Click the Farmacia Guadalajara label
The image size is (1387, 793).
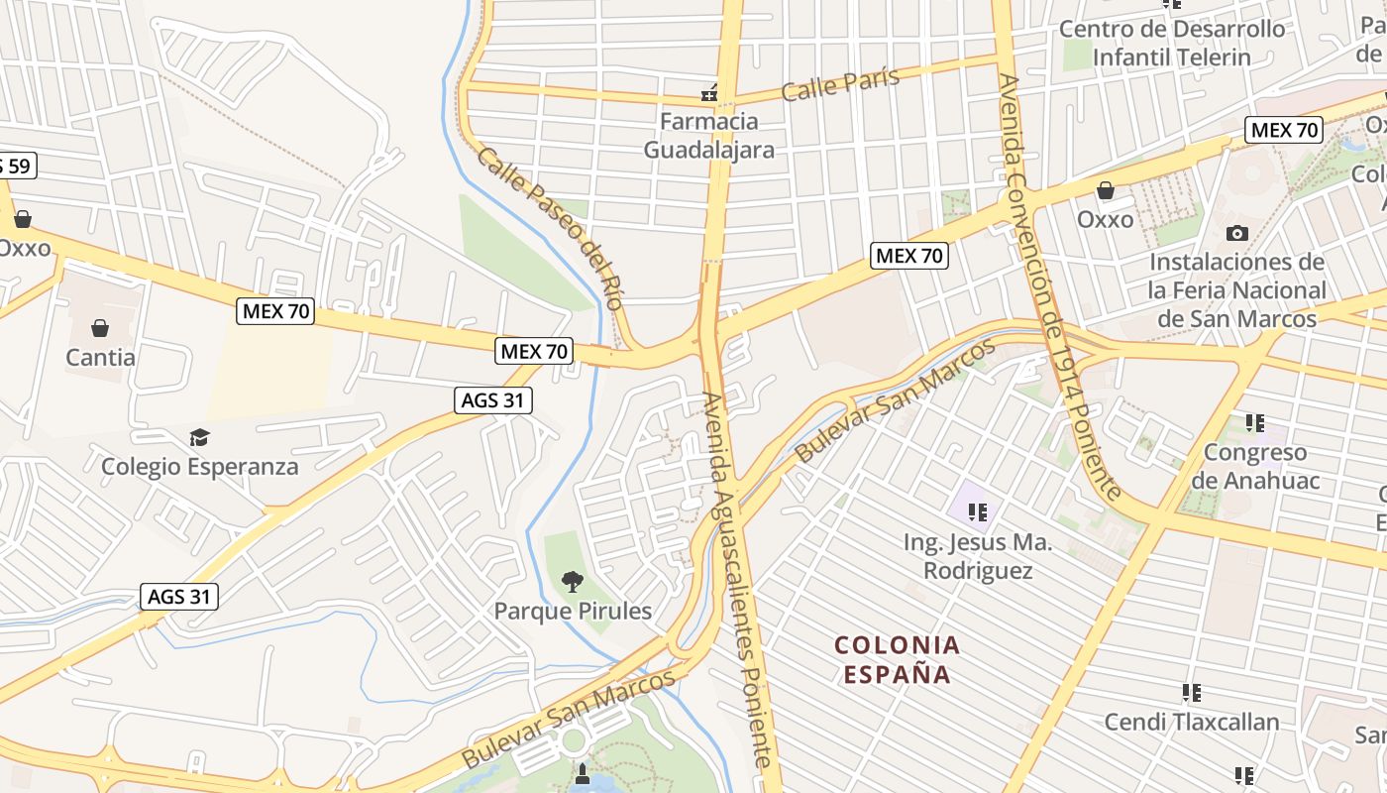click(x=708, y=136)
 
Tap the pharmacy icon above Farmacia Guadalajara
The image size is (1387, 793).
click(x=709, y=94)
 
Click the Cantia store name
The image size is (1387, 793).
click(x=100, y=357)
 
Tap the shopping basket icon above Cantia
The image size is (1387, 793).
click(x=100, y=327)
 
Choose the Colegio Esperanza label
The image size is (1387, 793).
click(x=199, y=466)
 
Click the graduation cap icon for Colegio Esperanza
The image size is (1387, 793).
click(x=199, y=437)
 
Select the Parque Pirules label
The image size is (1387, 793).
click(x=574, y=611)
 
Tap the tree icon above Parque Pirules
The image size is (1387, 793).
click(x=572, y=581)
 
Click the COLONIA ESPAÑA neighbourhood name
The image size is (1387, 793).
click(x=898, y=660)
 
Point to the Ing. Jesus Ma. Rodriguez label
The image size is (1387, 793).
click(x=978, y=556)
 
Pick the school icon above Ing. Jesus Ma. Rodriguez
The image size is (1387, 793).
click(x=978, y=512)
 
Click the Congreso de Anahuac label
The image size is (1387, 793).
click(x=1255, y=467)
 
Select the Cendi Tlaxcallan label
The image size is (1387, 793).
click(x=1192, y=722)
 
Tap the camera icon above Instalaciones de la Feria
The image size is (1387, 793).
click(x=1236, y=234)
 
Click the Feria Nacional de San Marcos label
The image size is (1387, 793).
click(x=1236, y=290)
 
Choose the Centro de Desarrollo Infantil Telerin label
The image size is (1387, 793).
click(x=1172, y=43)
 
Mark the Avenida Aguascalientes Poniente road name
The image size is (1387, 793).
click(x=737, y=580)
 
